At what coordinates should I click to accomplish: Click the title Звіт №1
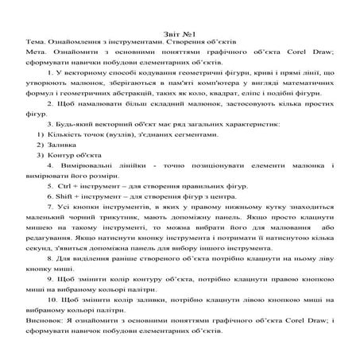pyautogui.click(x=180, y=25)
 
